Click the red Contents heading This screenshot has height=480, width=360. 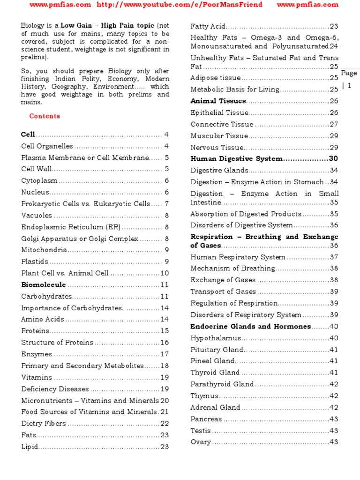click(45, 116)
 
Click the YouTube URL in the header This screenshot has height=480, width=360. click(180, 5)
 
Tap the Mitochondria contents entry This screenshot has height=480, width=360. click(45, 250)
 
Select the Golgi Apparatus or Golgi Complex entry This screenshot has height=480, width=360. click(80, 239)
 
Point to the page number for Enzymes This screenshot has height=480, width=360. click(165, 354)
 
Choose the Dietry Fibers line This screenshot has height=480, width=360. click(44, 423)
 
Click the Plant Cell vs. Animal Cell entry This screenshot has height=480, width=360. click(65, 273)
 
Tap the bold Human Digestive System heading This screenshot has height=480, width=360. click(236, 159)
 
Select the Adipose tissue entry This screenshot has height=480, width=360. click(216, 78)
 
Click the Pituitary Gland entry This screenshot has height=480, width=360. click(217, 350)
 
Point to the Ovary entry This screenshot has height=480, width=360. click(201, 442)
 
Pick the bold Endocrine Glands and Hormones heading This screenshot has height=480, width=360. click(250, 326)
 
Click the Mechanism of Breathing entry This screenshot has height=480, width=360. click(232, 269)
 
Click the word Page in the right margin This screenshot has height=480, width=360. click(349, 73)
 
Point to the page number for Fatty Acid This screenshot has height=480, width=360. click(334, 27)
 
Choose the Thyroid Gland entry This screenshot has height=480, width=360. click(215, 373)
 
